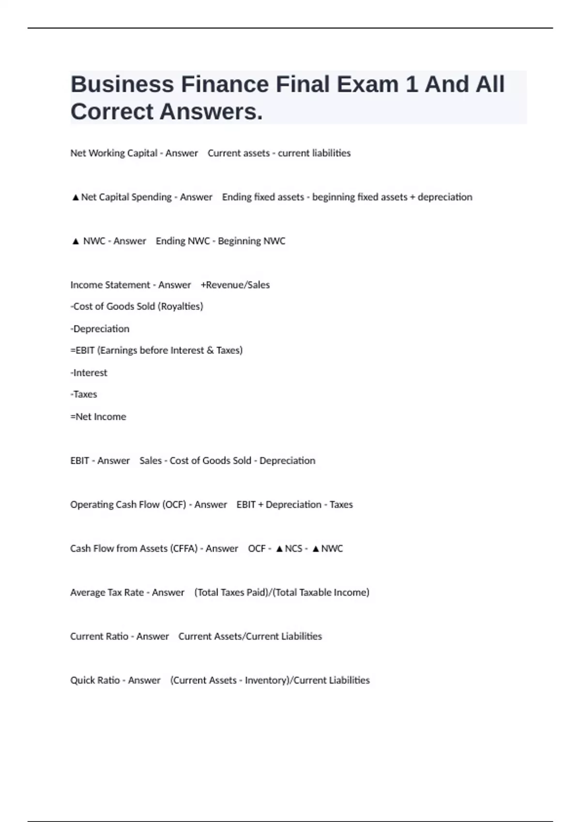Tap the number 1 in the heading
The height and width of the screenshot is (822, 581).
coord(411,85)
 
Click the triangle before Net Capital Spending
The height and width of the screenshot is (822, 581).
coord(75,197)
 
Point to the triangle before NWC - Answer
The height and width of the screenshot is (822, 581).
coord(75,241)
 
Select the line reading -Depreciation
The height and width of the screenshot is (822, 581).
coord(100,329)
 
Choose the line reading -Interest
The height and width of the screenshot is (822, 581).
coord(89,373)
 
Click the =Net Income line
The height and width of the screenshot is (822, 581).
coord(98,417)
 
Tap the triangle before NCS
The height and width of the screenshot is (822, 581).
coord(279,549)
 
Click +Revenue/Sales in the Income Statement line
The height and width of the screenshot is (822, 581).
coord(235,285)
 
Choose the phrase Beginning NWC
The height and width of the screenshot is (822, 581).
coord(251,241)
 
